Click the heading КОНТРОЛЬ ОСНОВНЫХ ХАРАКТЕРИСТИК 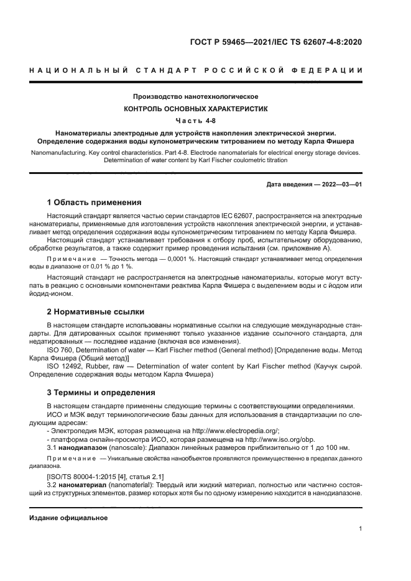[196, 109]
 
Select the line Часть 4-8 [196, 121]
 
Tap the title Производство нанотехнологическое [196, 97]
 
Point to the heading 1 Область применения [95, 203]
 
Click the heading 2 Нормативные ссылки [96, 311]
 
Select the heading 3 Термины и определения [101, 393]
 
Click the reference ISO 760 [62, 350]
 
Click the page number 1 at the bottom [360, 529]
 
